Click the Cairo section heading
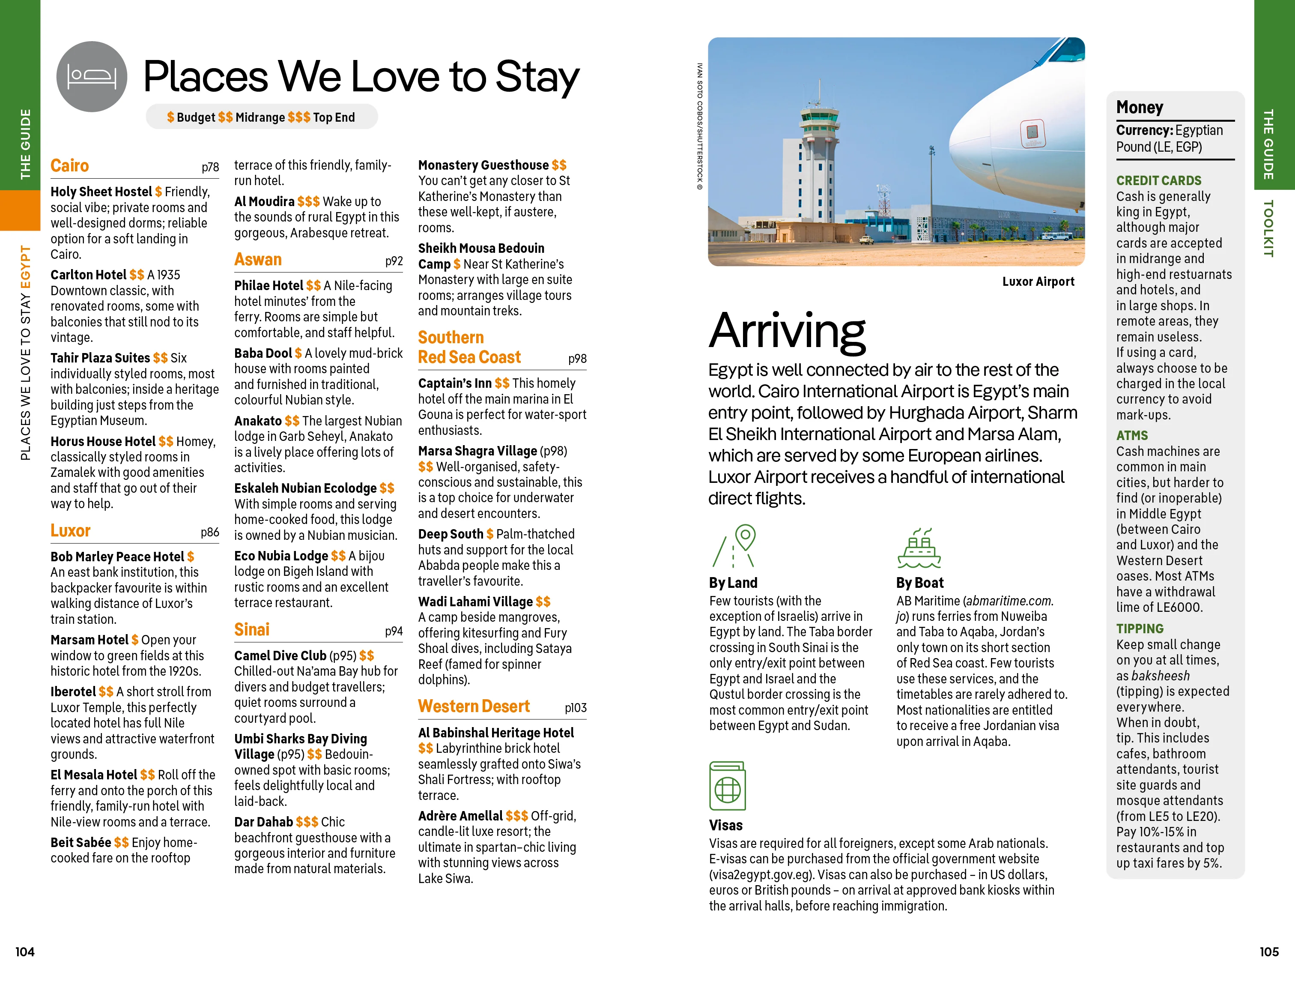point(69,165)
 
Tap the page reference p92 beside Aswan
point(394,261)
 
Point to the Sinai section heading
point(251,629)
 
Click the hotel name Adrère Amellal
point(460,816)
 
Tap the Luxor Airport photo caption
point(1038,282)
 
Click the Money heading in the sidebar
point(1139,108)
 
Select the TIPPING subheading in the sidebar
point(1139,629)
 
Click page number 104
point(25,952)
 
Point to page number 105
point(1268,952)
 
